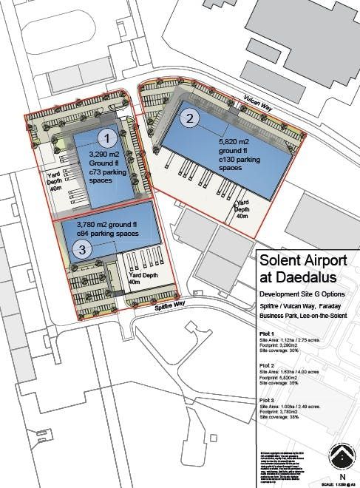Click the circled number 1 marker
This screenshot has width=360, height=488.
pos(108,137)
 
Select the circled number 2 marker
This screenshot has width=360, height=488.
pos(190,118)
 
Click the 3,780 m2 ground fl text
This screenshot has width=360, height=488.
pos(108,226)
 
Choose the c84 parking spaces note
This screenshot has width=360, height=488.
pos(108,234)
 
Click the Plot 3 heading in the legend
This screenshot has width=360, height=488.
pos(268,401)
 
